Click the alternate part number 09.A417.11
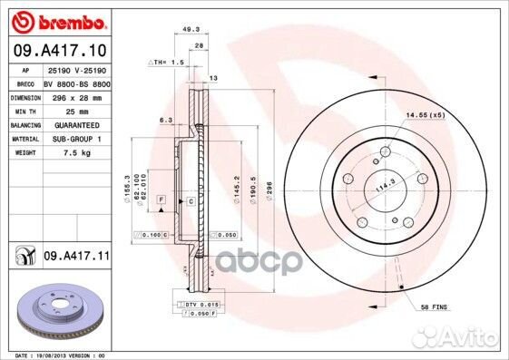point(77,258)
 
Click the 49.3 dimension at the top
point(191,29)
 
